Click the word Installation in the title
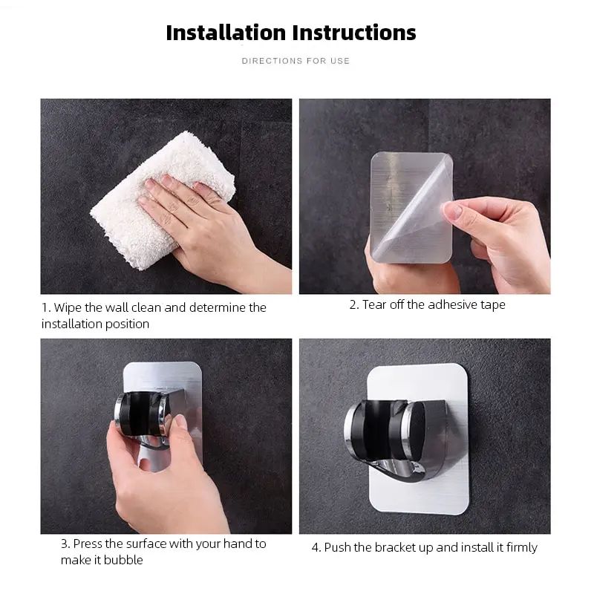pyautogui.click(x=225, y=33)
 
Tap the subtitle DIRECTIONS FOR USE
pyautogui.click(x=296, y=61)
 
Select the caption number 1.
pyautogui.click(x=45, y=307)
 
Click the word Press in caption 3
pyautogui.click(x=91, y=544)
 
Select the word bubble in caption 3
pyautogui.click(x=123, y=560)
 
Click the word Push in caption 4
pyautogui.click(x=339, y=547)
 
